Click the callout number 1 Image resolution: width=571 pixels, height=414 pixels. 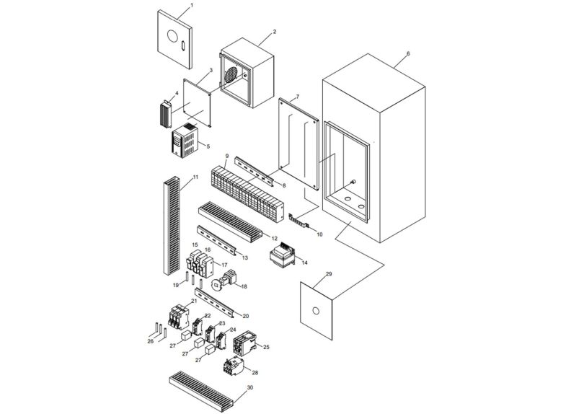pos(191,6)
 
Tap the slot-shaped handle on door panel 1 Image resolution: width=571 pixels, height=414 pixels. pos(183,47)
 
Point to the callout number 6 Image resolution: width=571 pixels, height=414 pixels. pos(408,53)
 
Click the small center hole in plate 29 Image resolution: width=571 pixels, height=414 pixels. pos(314,312)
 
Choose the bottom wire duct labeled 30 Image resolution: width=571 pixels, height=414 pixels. pos(201,388)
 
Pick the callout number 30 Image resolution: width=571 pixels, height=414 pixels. pos(249,387)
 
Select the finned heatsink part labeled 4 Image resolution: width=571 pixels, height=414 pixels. pos(164,113)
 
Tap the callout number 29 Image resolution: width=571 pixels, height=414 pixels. pos(328,275)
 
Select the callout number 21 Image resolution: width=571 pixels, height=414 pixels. pos(193,301)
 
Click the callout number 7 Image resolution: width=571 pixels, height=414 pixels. pos(297,97)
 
